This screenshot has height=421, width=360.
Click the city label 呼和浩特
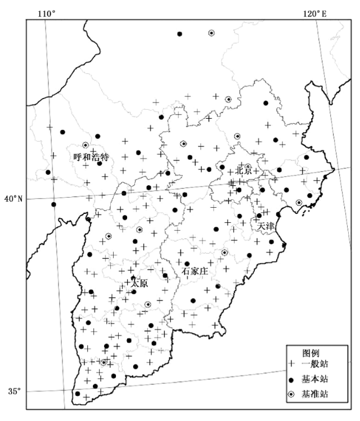(91, 156)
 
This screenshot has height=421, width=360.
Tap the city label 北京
(244, 169)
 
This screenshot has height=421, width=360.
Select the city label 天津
(266, 226)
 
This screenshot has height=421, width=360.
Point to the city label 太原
(139, 284)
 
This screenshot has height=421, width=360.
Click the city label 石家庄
(195, 271)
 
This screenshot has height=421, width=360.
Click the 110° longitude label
(46, 13)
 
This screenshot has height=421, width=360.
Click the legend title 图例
(311, 353)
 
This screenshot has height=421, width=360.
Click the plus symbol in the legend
(291, 366)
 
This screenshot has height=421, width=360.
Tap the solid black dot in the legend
(291, 380)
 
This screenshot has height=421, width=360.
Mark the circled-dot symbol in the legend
(291, 394)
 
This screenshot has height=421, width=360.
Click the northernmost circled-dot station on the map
(211, 33)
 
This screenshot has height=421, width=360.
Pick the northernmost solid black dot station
(179, 34)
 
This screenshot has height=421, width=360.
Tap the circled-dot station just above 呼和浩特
(85, 145)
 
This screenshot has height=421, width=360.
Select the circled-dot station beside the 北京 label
(248, 167)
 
